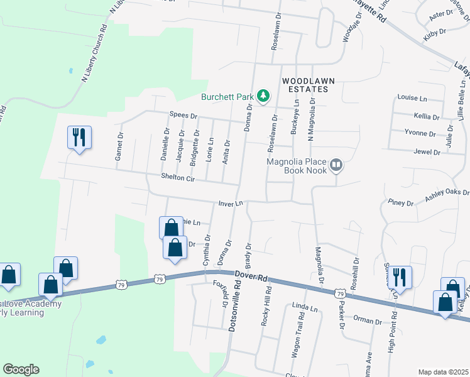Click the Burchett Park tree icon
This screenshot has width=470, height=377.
[x=265, y=96]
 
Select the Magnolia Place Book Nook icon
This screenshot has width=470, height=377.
[x=336, y=165]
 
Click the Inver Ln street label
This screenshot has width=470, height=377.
[x=230, y=204]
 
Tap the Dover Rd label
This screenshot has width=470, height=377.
[x=251, y=276]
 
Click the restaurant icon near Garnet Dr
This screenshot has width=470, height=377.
[x=79, y=136]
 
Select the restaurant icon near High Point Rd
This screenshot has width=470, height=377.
[x=400, y=276]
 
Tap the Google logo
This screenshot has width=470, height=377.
[x=21, y=369]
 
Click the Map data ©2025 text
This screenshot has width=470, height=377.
[x=443, y=372]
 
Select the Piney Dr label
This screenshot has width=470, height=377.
[x=401, y=203]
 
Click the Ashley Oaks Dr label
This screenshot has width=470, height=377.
[x=447, y=195]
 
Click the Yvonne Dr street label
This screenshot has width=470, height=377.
[x=420, y=133]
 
